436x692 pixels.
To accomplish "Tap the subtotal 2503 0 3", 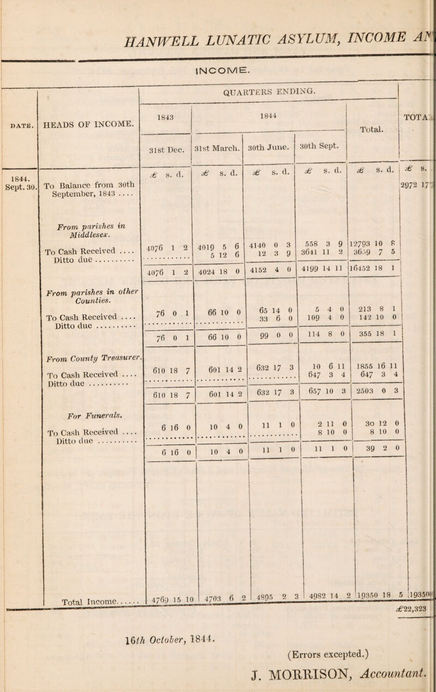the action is [x=380, y=391].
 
